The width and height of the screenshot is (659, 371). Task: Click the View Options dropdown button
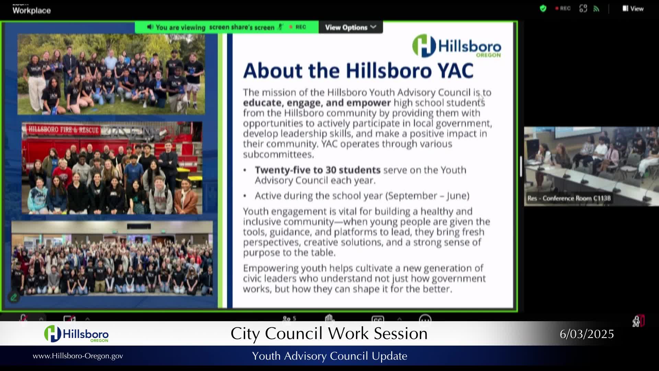350,27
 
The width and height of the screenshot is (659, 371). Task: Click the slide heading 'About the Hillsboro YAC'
358,71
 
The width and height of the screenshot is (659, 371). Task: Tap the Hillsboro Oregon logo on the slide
456,46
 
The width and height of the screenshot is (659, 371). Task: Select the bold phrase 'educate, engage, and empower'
316,103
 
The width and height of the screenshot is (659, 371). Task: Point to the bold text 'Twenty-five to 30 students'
317,170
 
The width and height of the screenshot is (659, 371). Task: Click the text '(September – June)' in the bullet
427,196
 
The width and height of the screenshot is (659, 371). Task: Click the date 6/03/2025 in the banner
587,334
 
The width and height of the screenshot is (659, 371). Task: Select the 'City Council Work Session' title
329,334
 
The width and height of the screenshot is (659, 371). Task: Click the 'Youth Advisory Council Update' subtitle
329,356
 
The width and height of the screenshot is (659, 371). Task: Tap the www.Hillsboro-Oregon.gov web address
78,356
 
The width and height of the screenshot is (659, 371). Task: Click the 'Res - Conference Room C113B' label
569,198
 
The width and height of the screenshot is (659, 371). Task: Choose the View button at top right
633,9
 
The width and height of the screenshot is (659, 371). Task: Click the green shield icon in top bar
543,9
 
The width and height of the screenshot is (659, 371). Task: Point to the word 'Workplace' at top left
32,10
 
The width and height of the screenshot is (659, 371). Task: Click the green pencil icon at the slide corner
14,297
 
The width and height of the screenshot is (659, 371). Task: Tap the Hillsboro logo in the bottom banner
76,334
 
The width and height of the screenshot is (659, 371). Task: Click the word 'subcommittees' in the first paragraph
278,154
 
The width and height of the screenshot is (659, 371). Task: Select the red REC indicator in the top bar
563,9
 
